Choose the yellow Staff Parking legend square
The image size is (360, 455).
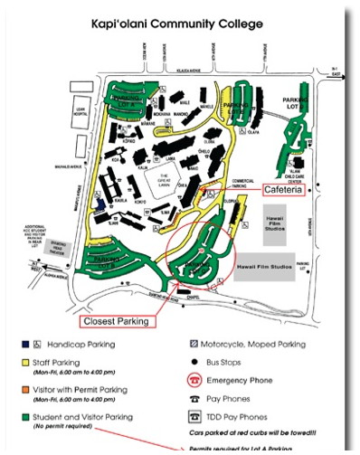point(24,363)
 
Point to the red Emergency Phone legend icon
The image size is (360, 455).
point(194,381)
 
